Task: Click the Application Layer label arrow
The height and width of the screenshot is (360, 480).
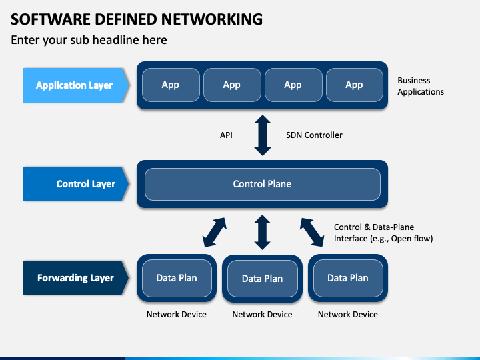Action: click(75, 85)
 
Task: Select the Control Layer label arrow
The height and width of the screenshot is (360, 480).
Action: click(75, 184)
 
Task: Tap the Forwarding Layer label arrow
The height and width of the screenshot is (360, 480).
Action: click(75, 278)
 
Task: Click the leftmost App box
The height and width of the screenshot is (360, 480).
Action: click(171, 85)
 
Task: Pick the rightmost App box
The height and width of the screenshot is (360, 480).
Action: click(355, 85)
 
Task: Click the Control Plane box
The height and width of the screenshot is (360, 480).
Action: click(263, 184)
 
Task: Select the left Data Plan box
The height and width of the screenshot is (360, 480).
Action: click(177, 278)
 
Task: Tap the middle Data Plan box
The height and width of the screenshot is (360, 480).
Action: click(263, 279)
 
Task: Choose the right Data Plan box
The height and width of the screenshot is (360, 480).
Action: click(348, 278)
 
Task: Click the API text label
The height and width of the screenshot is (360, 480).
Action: click(226, 135)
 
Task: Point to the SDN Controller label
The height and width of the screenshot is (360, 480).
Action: click(314, 135)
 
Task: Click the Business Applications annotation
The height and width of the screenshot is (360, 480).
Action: click(421, 86)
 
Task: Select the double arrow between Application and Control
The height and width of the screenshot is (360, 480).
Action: click(263, 135)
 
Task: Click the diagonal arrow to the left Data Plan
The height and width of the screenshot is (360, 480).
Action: click(215, 233)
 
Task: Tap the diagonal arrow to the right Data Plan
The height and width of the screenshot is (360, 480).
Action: click(311, 233)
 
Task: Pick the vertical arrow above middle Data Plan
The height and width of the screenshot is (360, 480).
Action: click(263, 232)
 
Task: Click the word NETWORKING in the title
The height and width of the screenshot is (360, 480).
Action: click(212, 19)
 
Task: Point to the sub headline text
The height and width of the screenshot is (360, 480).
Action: click(89, 40)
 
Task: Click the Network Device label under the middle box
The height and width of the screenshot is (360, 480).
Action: click(263, 315)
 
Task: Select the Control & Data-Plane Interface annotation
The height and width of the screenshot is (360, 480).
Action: click(383, 233)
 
